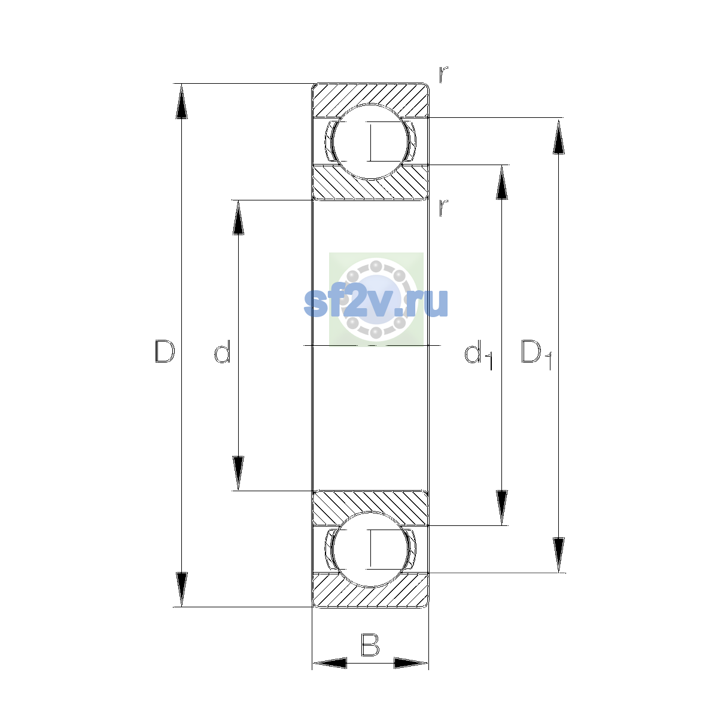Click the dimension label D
[x=165, y=351]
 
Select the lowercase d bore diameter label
[x=223, y=351]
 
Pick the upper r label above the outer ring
[x=443, y=75]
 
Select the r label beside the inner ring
[x=443, y=208]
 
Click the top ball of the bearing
[x=370, y=142]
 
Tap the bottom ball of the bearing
[x=370, y=550]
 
